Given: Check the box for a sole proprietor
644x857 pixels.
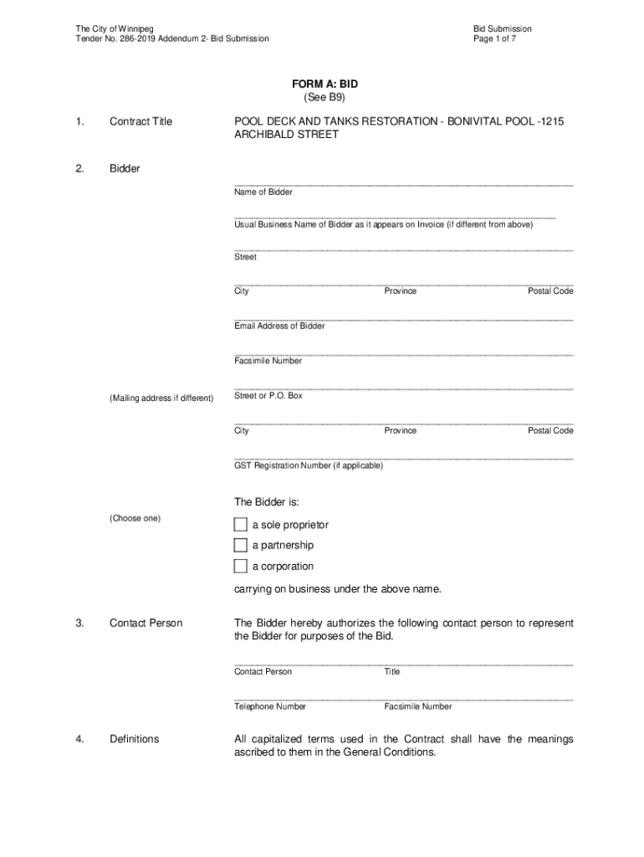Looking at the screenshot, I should (x=241, y=525).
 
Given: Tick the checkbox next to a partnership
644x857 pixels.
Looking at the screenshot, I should (x=241, y=546).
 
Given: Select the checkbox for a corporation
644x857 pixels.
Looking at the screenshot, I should (x=241, y=567).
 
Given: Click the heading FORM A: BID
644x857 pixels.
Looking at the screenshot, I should (x=325, y=85).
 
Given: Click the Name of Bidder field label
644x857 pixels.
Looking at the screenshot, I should (x=263, y=192).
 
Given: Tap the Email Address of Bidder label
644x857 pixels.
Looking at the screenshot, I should (x=279, y=326).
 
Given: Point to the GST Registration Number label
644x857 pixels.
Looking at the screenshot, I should (x=309, y=465).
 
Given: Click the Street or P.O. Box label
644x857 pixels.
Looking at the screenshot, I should (x=268, y=396).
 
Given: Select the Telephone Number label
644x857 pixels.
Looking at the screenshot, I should (x=270, y=706).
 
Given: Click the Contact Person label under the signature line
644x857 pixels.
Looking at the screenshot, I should (x=263, y=672).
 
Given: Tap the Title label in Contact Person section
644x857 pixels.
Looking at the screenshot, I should (x=392, y=672).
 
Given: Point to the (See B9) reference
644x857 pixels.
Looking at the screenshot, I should (x=325, y=97).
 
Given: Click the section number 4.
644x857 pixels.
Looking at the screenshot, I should (x=79, y=739).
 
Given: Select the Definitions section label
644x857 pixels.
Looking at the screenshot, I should (x=134, y=739).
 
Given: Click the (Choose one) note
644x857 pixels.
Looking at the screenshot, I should (x=135, y=519).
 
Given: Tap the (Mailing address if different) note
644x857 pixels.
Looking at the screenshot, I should (x=161, y=398).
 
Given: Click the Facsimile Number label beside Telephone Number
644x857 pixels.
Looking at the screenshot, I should (x=418, y=706).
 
